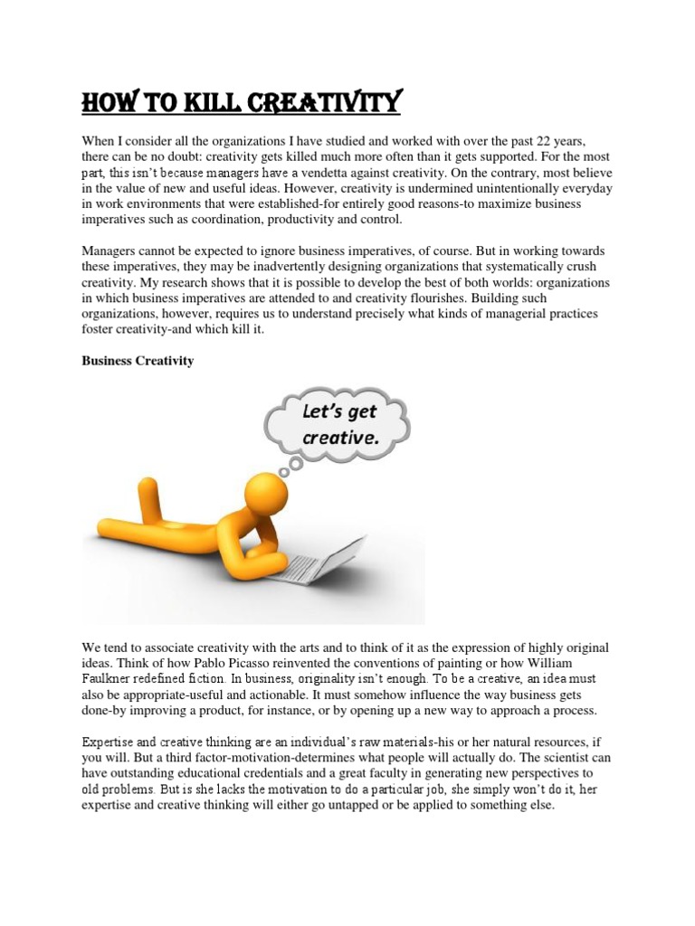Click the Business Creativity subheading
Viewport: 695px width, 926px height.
(138, 361)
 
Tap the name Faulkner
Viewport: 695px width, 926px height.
(109, 678)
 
